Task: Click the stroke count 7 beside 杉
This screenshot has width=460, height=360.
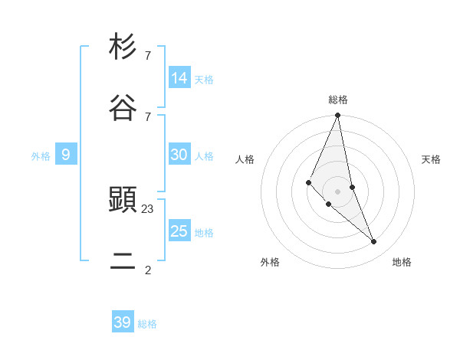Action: [x=147, y=55]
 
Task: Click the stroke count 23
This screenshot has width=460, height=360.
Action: [x=148, y=208]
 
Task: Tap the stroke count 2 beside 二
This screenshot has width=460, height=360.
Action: [x=147, y=270]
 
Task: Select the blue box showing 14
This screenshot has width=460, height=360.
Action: [x=179, y=78]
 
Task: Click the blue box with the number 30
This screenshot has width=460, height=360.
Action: [x=179, y=155]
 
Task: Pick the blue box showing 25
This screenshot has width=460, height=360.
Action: [x=179, y=231]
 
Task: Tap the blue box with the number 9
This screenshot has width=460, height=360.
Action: [x=66, y=155]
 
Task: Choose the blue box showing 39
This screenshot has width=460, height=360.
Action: [x=123, y=322]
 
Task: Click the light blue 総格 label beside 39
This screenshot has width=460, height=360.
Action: [x=147, y=324]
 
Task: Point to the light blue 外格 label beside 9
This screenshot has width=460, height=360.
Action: [x=41, y=156]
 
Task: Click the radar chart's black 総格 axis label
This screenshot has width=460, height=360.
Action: [x=338, y=100]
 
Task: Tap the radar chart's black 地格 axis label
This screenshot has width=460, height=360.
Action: [x=402, y=262]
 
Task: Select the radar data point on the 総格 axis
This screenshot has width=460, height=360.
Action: [x=338, y=116]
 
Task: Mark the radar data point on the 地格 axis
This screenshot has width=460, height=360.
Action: [x=374, y=241]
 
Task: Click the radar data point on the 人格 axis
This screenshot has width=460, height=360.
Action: [x=308, y=182]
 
